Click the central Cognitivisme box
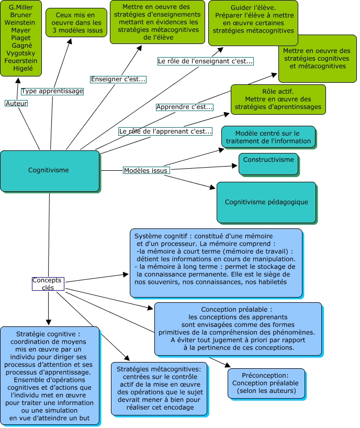point(49,171)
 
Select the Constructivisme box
point(268,163)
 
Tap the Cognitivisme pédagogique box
point(266,202)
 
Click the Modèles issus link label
point(146,170)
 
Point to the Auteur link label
point(16,103)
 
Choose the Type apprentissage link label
point(52,91)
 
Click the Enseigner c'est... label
point(118,79)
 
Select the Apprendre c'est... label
point(185,107)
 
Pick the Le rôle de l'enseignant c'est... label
point(205,61)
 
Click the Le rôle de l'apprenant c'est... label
point(165,131)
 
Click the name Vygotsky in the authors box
point(20,53)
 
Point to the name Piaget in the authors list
point(20,38)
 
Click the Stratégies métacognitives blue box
point(160,389)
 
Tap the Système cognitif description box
point(216,262)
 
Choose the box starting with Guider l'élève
point(253,22)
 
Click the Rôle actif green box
point(278,99)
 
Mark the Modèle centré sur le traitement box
point(268,137)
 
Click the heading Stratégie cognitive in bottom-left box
point(48,334)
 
